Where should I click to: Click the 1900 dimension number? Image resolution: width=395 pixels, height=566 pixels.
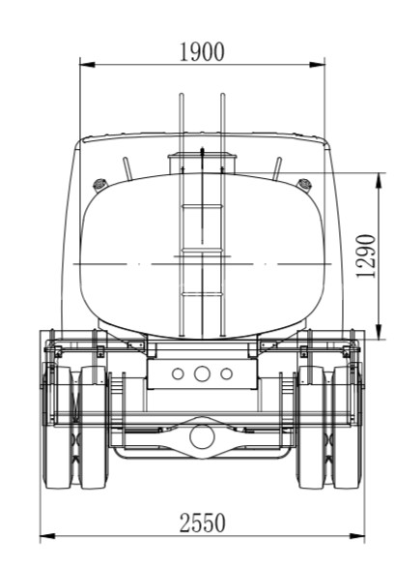pos(202,52)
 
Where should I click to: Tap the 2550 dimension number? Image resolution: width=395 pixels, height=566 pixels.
pos(203,522)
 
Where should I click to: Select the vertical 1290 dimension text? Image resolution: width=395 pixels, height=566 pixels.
pos(366,256)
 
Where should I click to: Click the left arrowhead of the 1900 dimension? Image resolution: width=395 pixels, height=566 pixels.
pos(87,65)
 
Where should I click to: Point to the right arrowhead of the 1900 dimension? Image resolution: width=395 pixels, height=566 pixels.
pos(317,65)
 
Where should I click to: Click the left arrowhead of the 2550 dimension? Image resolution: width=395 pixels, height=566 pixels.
pos(47,536)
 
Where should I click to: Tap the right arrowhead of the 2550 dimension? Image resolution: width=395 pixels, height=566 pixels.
pos(356,536)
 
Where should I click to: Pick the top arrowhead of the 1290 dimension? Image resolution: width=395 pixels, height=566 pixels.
pos(379,181)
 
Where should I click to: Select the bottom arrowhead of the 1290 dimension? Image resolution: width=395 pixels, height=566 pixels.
pos(379,332)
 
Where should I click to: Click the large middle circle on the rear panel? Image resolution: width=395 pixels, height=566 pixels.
pos(202,373)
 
